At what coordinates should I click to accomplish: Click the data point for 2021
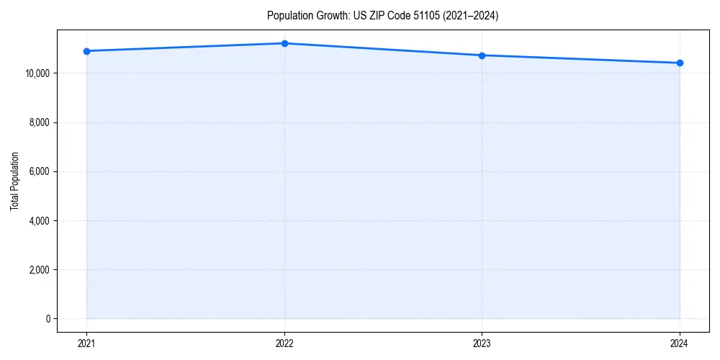coord(86,51)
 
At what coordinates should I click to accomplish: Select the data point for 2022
coord(284,43)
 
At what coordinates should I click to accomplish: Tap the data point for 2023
coord(482,55)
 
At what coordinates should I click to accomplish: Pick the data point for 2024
coord(680,63)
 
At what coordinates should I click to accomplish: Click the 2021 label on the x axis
coord(86,343)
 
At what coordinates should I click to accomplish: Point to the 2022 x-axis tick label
coord(284,343)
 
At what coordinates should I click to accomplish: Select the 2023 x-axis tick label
coord(482,343)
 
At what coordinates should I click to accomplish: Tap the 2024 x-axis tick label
coord(680,343)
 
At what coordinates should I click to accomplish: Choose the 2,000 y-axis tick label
coord(39,270)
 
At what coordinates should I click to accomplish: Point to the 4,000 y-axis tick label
coord(39,221)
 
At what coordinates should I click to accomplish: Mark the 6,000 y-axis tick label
coord(39,171)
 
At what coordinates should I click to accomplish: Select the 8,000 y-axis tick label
coord(39,122)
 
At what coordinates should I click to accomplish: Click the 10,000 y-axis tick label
coord(37,73)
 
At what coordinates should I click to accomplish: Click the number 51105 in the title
coord(426,16)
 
